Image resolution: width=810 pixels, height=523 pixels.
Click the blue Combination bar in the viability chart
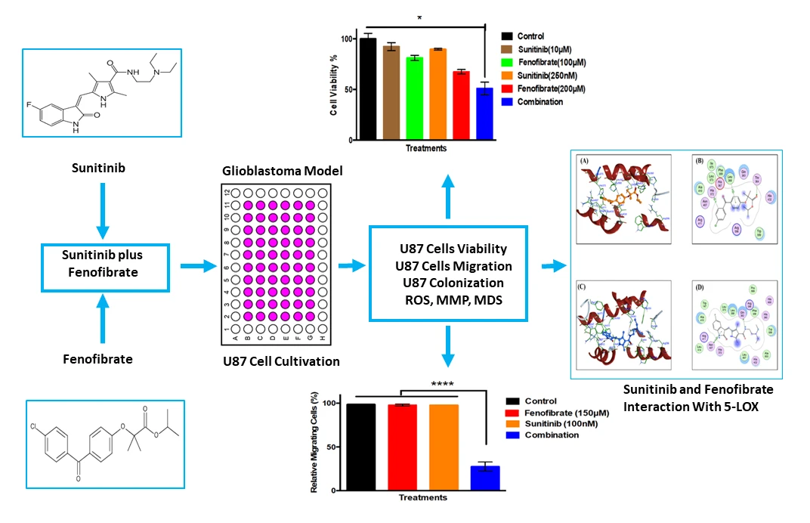click(x=484, y=114)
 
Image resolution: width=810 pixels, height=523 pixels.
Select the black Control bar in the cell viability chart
click(x=367, y=89)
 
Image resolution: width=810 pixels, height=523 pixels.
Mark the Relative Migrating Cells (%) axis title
click(x=315, y=443)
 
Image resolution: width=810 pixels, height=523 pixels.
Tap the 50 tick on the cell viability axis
click(x=348, y=89)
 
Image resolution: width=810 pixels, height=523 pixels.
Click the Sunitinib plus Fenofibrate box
click(x=105, y=265)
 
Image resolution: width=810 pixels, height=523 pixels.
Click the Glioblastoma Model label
click(x=281, y=172)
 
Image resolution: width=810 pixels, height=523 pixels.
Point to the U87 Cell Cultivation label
click(x=281, y=361)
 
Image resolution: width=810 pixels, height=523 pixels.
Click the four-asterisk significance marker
click(x=442, y=384)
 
